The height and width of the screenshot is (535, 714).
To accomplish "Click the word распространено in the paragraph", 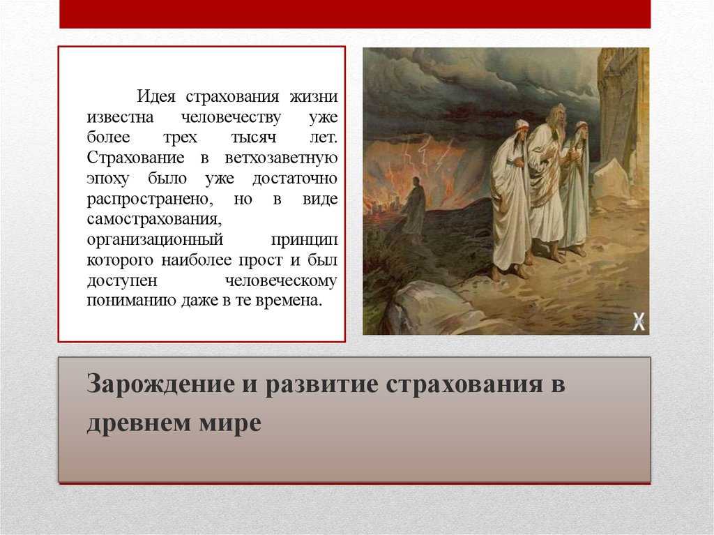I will point(149,199).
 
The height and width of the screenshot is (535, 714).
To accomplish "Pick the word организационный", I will point(155,240).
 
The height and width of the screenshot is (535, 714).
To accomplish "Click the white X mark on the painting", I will point(638,322).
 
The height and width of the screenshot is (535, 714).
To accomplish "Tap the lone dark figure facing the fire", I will point(413,208).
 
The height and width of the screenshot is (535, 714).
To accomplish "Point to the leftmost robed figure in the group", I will point(511,199).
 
